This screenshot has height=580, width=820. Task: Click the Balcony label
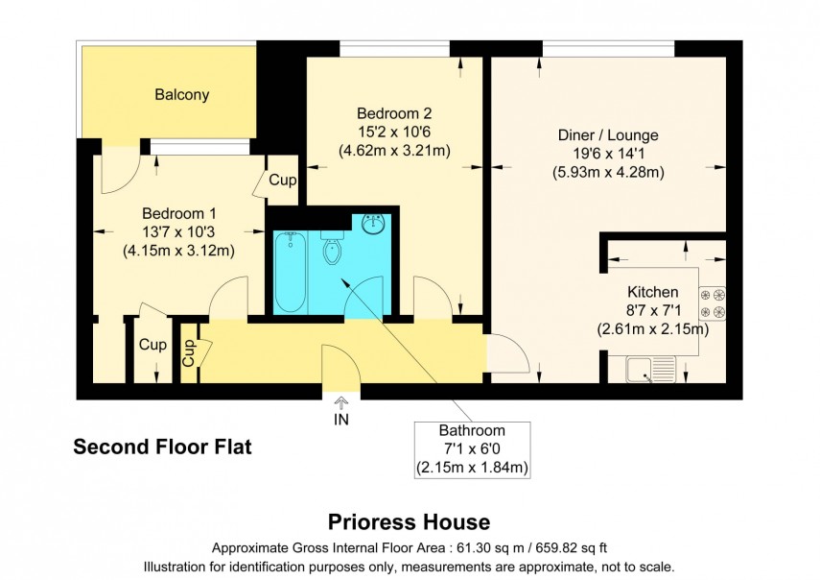coord(182,95)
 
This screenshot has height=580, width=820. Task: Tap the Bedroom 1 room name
coord(173,213)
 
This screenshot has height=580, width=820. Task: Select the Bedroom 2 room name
coord(394,113)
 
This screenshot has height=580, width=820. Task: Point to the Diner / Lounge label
coord(608,135)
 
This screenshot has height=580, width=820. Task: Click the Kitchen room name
coord(652,292)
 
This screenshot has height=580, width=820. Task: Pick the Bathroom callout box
coord(472,449)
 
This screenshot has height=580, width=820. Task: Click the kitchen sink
coord(651,368)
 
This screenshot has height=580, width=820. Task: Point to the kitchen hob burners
coord(713,302)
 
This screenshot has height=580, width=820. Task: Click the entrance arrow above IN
coord(341,401)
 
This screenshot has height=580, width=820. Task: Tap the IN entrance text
coord(341,420)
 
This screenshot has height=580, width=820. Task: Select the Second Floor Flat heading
coord(163,447)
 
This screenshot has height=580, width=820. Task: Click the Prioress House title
coord(410,522)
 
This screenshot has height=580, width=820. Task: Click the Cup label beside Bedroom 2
coord(282,180)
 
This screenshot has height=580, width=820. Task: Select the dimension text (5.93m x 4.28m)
coord(608,173)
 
